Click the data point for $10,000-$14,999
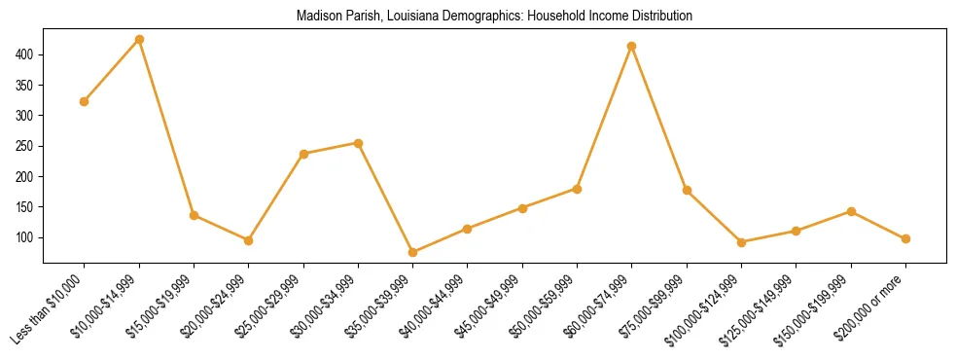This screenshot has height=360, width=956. point(139,39)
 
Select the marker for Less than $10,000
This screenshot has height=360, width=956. point(85,101)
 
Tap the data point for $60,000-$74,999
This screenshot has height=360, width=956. point(632,46)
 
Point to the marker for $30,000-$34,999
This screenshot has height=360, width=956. point(359,143)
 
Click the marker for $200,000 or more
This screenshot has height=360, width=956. point(905,238)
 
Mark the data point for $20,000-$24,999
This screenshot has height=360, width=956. point(249,240)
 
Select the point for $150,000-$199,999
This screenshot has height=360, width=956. point(851,211)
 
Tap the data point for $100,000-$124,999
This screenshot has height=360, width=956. point(742,242)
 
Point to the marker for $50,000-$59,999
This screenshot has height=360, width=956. point(578,189)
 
